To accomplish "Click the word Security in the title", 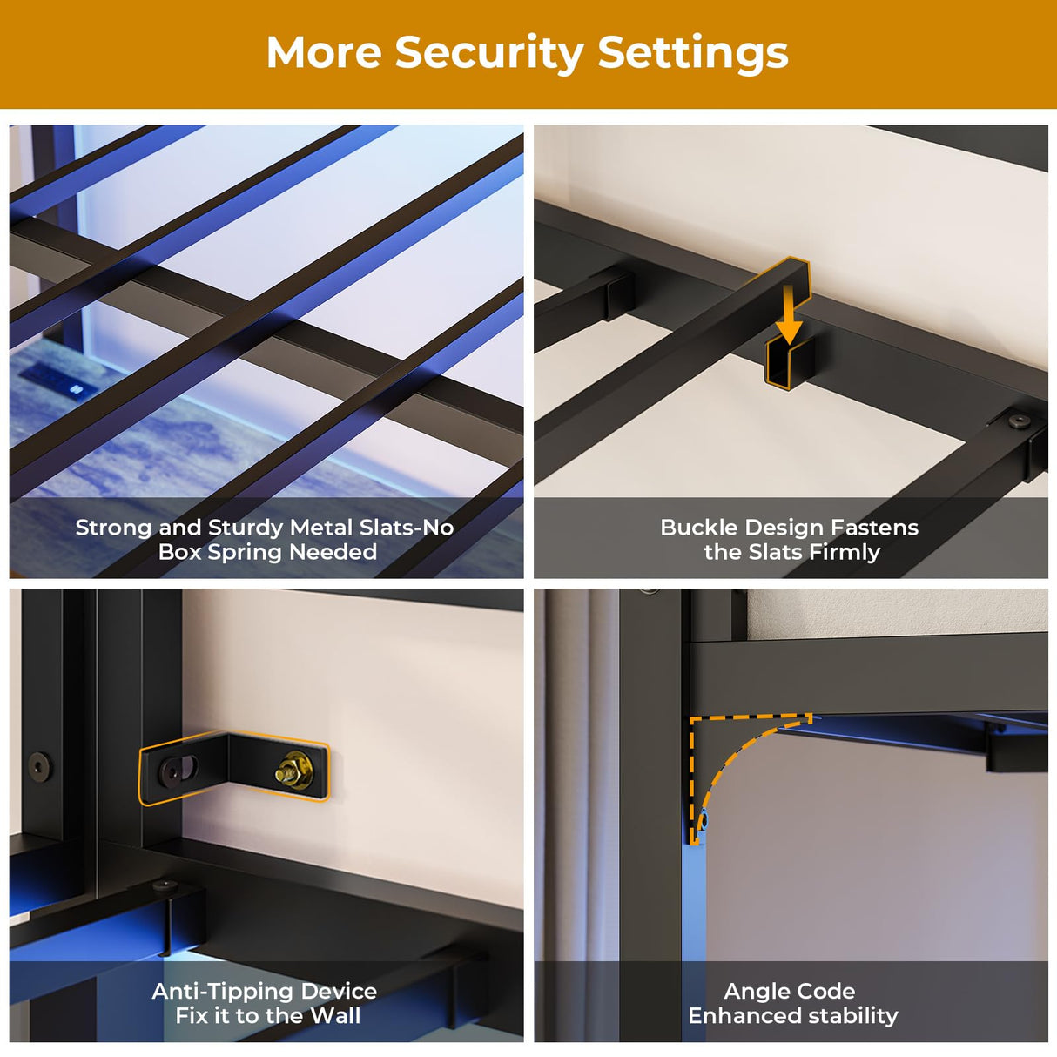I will coord(488,53).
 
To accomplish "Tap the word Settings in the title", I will coord(692,54).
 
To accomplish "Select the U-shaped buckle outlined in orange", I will coord(790,362).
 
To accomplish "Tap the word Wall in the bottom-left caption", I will coord(336,1016).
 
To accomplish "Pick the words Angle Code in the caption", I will coord(789,992).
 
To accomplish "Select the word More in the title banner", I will coord(323,53).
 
